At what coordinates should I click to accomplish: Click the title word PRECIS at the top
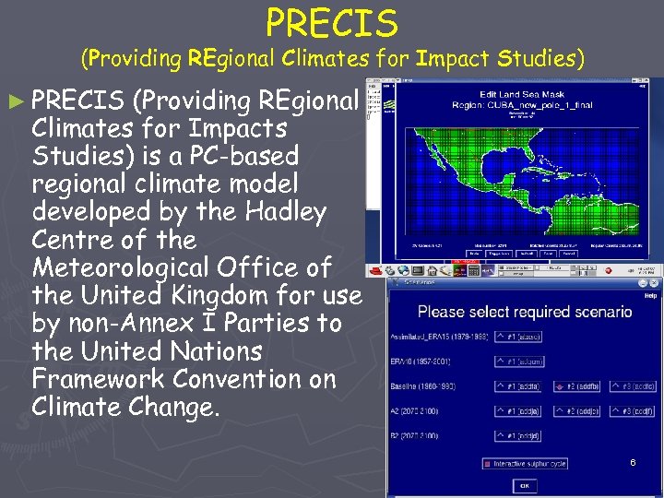[x=332, y=23]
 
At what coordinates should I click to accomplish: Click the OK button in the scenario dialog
[x=524, y=485]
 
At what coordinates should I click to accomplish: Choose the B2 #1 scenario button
[x=519, y=436]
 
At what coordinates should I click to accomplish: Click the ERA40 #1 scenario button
[x=519, y=362]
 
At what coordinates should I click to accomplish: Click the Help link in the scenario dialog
[x=650, y=296]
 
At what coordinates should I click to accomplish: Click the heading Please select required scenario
[x=524, y=312]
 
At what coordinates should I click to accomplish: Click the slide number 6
[x=633, y=461]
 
